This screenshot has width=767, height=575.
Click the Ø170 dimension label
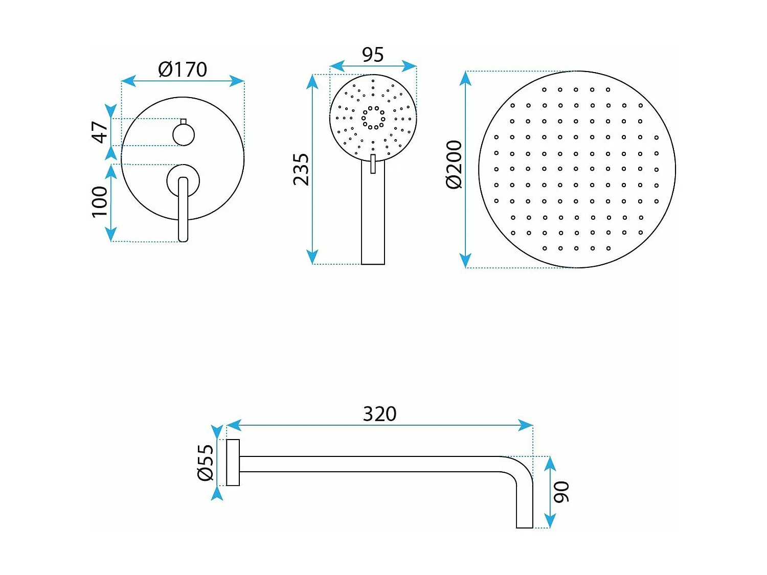point(183,70)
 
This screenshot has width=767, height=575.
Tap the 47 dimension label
point(100,132)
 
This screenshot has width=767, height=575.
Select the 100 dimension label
point(100,201)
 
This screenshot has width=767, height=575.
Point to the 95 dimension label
point(373,55)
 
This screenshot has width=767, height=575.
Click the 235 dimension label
point(301,169)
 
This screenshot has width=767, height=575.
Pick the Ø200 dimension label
point(454,165)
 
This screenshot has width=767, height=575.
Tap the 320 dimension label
point(379,414)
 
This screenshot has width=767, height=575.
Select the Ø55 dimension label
point(206,462)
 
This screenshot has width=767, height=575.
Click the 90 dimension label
point(561,492)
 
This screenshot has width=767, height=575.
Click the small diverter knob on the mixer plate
point(184,134)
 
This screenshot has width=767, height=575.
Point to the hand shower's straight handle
point(373,220)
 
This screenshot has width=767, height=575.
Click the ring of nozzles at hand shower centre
point(373,118)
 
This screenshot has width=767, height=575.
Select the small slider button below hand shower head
point(373,164)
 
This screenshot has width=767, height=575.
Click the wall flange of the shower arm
point(233,463)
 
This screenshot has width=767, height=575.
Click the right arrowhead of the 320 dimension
point(527,425)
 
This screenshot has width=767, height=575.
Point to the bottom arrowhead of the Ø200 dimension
point(465,261)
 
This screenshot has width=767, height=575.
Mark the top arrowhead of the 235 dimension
point(312,82)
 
